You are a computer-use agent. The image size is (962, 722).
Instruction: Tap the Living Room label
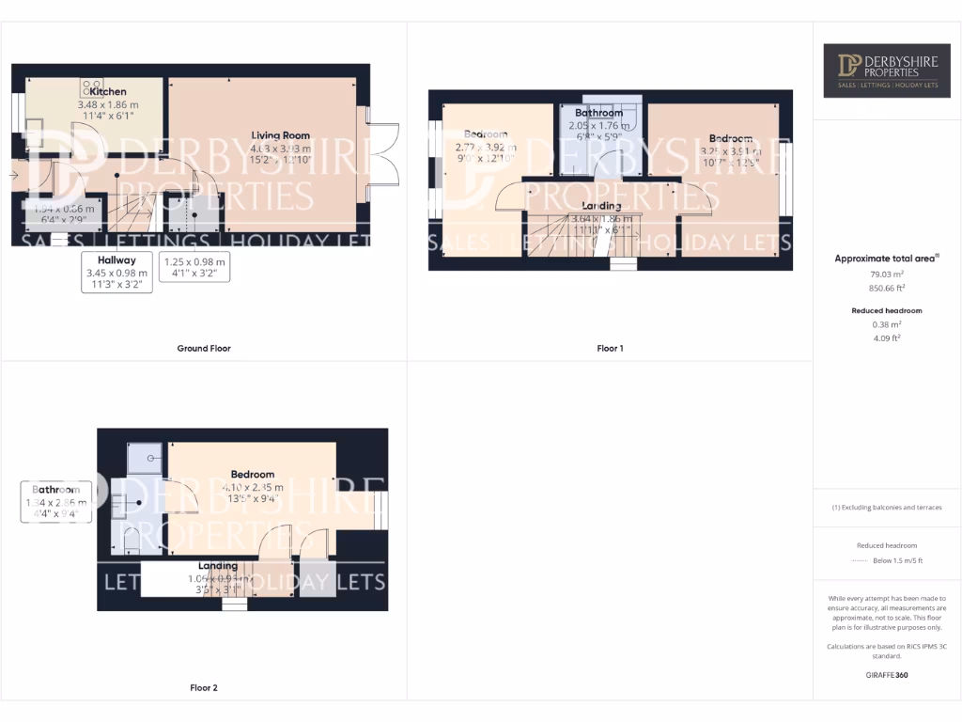pyautogui.click(x=280, y=135)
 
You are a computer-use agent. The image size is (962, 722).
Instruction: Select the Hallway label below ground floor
pyautogui.click(x=117, y=259)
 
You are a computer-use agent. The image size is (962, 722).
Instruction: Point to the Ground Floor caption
pyautogui.click(x=204, y=348)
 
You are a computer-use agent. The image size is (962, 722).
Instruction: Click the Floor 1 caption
pyautogui.click(x=610, y=348)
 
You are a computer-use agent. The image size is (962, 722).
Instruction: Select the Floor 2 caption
pyautogui.click(x=204, y=688)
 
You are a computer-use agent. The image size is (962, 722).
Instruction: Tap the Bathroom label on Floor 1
pyautogui.click(x=599, y=113)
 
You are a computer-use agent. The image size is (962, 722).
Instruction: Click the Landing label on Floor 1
pyautogui.click(x=601, y=205)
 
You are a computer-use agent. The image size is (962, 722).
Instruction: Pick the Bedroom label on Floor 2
pyautogui.click(x=253, y=475)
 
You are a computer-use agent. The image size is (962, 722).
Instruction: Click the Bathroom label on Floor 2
pyautogui.click(x=55, y=490)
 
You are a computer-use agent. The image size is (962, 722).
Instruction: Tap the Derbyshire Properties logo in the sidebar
pyautogui.click(x=887, y=71)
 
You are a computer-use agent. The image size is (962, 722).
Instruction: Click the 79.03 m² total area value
pyautogui.click(x=887, y=275)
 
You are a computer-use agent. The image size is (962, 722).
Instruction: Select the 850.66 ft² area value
pyautogui.click(x=887, y=289)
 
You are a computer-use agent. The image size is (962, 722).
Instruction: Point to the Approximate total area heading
pyautogui.click(x=887, y=258)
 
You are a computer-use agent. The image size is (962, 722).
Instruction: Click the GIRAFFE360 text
pyautogui.click(x=887, y=675)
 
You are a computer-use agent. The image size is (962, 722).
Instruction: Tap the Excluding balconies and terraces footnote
pyautogui.click(x=887, y=508)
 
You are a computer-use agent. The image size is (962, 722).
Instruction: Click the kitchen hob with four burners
pyautogui.click(x=92, y=86)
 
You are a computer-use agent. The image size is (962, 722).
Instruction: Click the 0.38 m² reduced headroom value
pyautogui.click(x=887, y=324)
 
